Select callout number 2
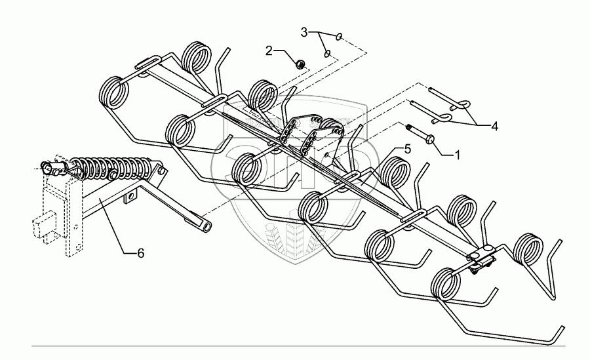(x=269, y=49)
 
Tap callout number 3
(x=304, y=31)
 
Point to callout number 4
(x=494, y=127)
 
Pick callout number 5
(x=407, y=149)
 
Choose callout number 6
(x=140, y=252)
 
